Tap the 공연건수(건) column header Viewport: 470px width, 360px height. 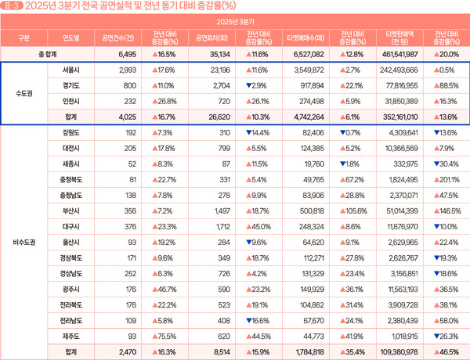pos(116,38)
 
